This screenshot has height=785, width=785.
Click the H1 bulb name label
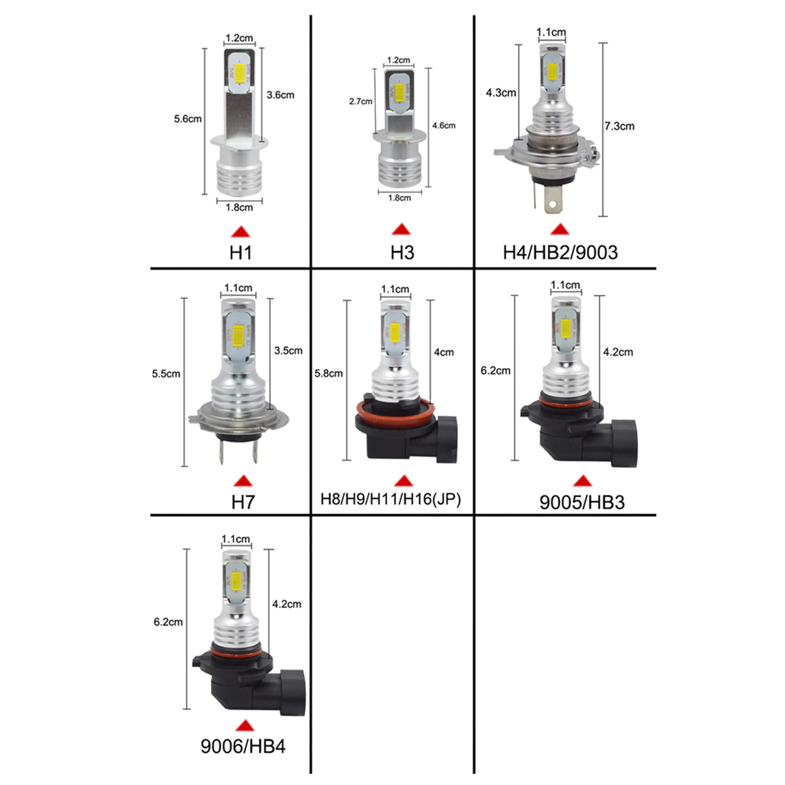pos(241,253)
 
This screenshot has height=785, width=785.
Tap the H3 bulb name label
pos(402,253)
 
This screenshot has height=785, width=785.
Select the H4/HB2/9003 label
pos(560,253)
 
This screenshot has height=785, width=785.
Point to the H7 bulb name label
pos(243,502)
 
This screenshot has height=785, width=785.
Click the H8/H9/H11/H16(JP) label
pos(390,499)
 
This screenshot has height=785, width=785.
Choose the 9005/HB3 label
pos(581,502)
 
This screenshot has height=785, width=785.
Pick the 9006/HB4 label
pos(243,746)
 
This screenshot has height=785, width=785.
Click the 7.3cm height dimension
pos(620,126)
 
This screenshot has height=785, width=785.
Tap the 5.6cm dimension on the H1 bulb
pos(187,119)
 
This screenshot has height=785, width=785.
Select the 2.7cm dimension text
pos(361,101)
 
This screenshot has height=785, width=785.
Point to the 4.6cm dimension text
pos(444,126)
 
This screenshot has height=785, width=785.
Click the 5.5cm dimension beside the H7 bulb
pos(166,374)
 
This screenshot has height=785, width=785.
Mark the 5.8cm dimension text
pos(328,374)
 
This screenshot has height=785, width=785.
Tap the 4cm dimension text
pos(444,352)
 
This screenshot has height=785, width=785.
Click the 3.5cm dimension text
pos(288,351)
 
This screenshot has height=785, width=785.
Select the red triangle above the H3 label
pos(401,229)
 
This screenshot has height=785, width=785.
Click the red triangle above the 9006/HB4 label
pos(244,725)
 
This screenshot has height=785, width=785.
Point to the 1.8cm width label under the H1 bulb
pos(239,208)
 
